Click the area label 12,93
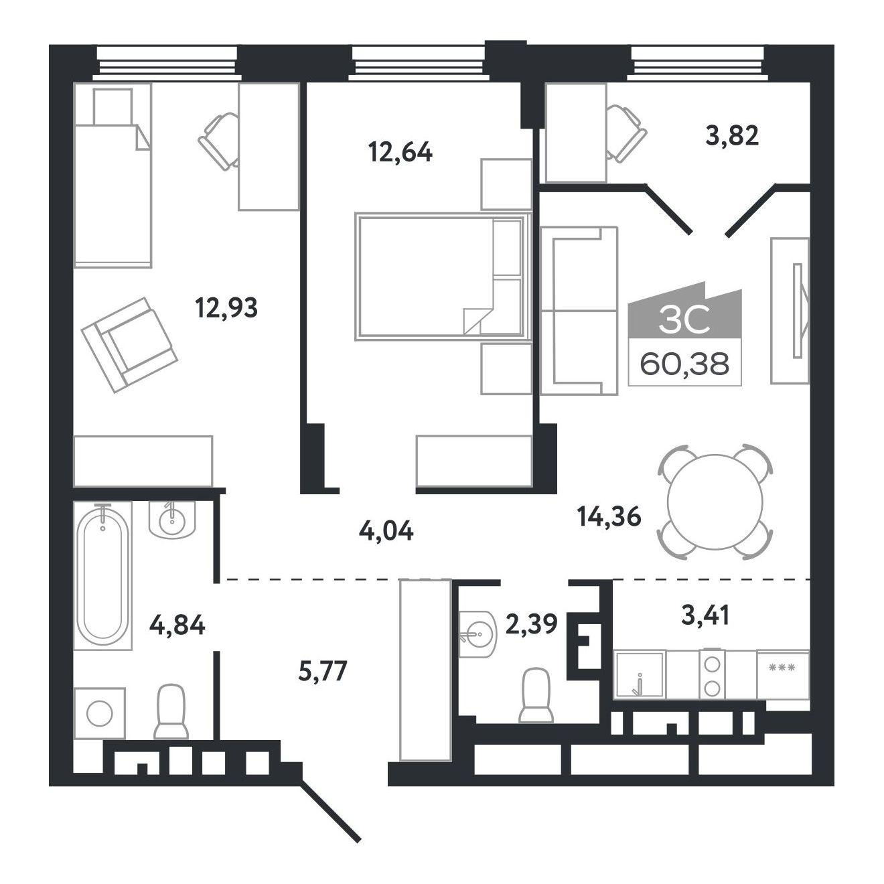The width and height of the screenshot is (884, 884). pos(226,307)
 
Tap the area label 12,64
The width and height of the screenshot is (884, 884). pos(400,152)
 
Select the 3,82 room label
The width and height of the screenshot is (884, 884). pos(732,135)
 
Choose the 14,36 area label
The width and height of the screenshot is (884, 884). pos(609,518)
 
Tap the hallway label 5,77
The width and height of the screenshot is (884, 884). pos(323,671)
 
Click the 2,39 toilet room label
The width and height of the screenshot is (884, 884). pos(531,623)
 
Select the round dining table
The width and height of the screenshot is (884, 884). pos(715,502)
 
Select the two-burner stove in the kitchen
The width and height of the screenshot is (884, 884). pos(711,674)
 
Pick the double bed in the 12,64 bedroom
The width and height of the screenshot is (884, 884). pos(443,276)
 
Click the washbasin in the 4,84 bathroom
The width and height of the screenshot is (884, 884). pos(172,520)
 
